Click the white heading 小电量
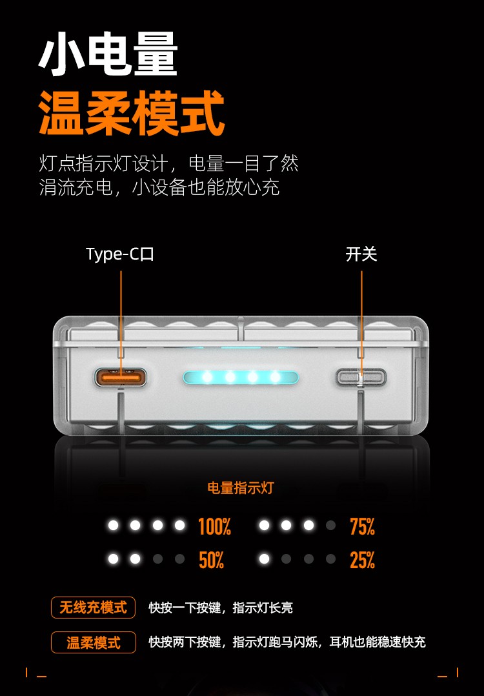click(108, 54)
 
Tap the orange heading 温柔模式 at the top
click(132, 113)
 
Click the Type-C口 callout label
click(120, 254)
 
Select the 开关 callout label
click(361, 254)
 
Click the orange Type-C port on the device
click(121, 378)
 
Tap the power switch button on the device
click(361, 377)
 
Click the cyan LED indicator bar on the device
click(241, 377)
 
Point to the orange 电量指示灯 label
click(241, 488)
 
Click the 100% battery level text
click(215, 526)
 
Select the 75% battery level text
click(363, 526)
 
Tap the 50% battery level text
click(212, 560)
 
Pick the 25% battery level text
click(363, 560)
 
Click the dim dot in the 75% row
click(330, 526)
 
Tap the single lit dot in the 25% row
click(264, 558)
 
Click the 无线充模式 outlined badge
click(93, 607)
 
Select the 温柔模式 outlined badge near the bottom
click(93, 642)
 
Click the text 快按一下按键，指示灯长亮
click(221, 608)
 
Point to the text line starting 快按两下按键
click(287, 642)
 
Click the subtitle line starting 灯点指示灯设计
click(168, 163)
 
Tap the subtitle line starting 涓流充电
click(159, 187)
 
